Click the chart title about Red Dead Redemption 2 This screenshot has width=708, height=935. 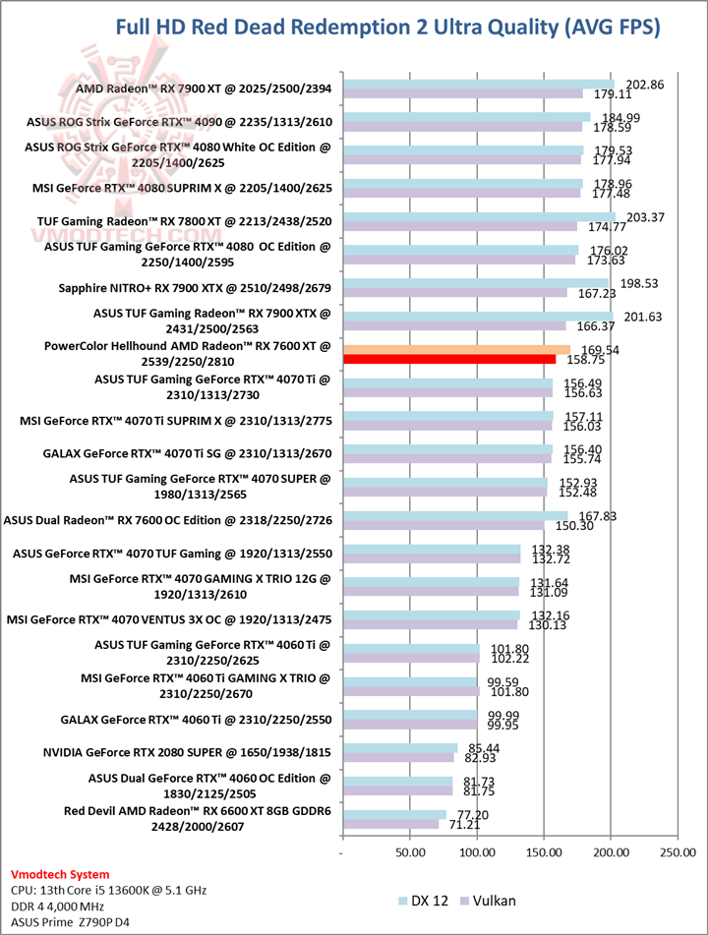tap(387, 29)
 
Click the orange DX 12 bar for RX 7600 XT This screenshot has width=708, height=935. tap(455, 348)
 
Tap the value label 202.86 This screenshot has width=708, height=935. tap(644, 85)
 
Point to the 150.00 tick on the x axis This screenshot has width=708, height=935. tap(544, 852)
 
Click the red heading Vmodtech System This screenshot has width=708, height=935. tap(61, 874)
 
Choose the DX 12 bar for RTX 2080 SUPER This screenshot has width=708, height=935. tap(399, 747)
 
